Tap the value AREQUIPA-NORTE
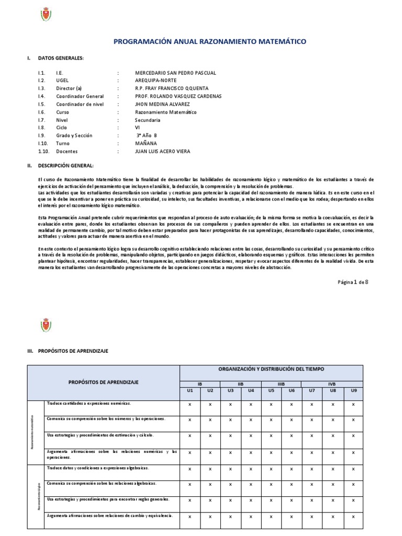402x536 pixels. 156,81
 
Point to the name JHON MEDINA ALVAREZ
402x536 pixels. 166,104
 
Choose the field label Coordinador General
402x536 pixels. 80,96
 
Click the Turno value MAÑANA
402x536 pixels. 146,143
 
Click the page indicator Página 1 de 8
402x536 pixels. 353,282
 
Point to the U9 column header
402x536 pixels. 353,390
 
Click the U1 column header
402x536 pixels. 189,390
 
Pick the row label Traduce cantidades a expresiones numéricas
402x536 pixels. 88,404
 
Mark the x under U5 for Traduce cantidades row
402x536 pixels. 271,405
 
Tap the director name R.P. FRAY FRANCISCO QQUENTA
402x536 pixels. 172,88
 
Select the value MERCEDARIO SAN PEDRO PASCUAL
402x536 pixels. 175,73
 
